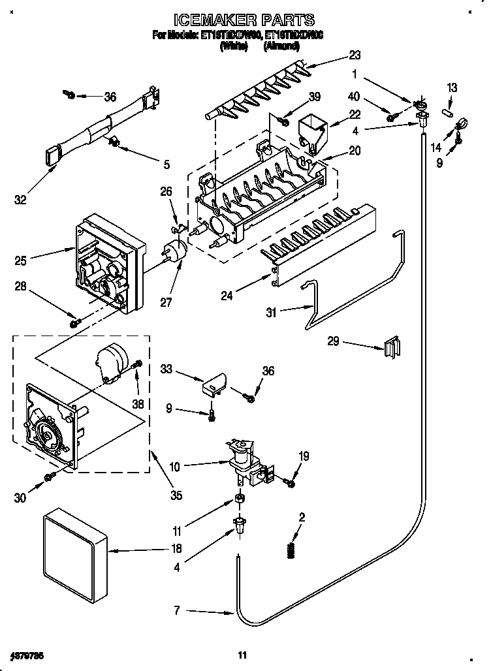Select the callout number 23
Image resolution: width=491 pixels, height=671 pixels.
pyautogui.click(x=355, y=55)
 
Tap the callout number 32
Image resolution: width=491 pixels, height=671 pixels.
pyautogui.click(x=21, y=200)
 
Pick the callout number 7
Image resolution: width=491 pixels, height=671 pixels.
pyautogui.click(x=176, y=612)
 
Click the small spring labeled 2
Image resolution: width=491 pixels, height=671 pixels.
pyautogui.click(x=291, y=550)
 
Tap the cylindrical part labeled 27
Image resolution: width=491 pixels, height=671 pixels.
pyautogui.click(x=174, y=251)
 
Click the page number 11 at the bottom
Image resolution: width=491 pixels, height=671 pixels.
pyautogui.click(x=242, y=655)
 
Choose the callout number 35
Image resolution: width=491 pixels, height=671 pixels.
pyautogui.click(x=175, y=494)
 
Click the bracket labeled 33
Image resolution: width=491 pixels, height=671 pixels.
pyautogui.click(x=213, y=385)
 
